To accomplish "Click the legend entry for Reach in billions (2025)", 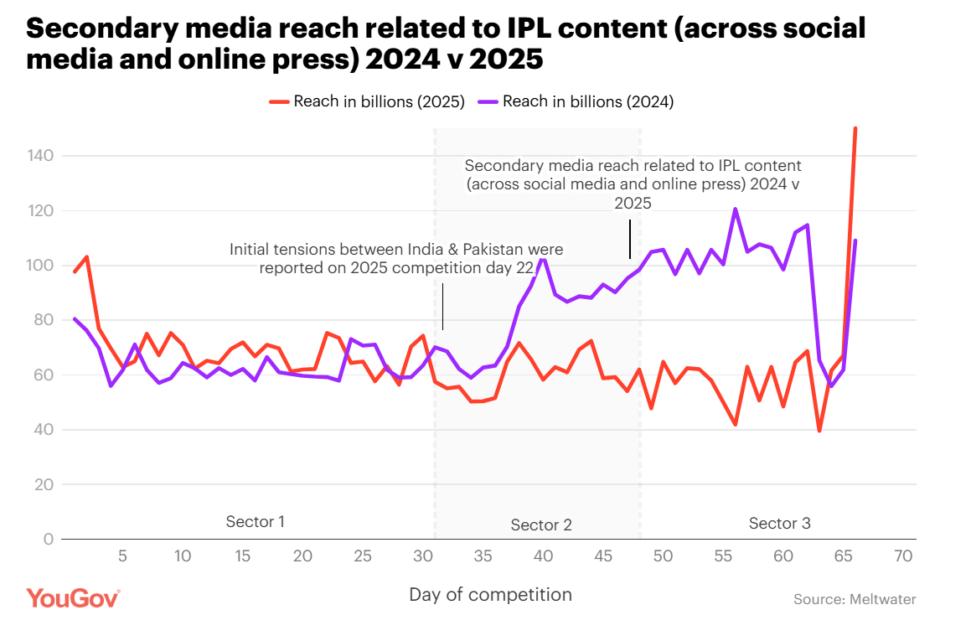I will (x=367, y=102).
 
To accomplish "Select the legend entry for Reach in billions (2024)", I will (x=576, y=102).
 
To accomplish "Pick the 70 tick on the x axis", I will (x=903, y=556).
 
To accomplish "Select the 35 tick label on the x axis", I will (x=483, y=556).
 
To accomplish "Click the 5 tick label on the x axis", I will (x=122, y=556).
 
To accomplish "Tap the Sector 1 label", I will (x=256, y=522).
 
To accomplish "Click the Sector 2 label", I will (x=541, y=525).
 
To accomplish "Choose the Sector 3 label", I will (x=779, y=524).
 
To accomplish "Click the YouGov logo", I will (x=73, y=598).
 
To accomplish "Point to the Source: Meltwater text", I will (x=855, y=599).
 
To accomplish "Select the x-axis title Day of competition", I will (x=490, y=595).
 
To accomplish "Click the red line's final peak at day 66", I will (x=855, y=129).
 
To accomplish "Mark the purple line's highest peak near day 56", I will (x=735, y=209).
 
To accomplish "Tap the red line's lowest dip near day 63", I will (x=819, y=431).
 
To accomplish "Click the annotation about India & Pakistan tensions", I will (x=396, y=259).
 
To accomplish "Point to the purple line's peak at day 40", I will (x=543, y=259).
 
